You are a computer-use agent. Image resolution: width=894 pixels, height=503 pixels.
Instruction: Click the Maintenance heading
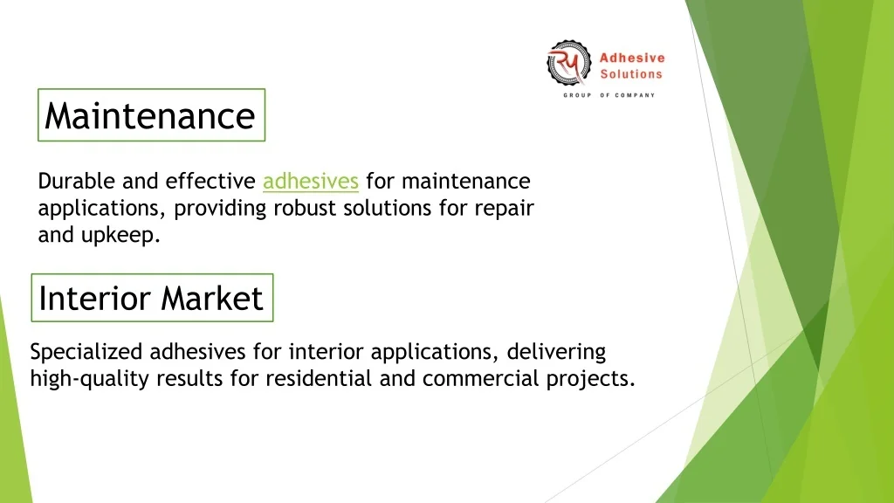tap(150, 116)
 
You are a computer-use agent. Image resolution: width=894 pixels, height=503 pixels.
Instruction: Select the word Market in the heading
tap(213, 298)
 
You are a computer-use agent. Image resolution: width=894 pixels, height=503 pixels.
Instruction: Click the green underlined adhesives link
tap(311, 182)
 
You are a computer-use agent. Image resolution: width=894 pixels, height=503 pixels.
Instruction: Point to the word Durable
tap(77, 182)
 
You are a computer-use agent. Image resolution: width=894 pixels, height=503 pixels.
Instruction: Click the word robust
tap(305, 208)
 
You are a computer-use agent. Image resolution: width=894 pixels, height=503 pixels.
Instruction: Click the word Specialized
tap(86, 353)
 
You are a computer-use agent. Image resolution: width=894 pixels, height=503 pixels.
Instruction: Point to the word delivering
tap(556, 353)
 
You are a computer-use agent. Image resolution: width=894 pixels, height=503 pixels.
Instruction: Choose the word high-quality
tap(90, 379)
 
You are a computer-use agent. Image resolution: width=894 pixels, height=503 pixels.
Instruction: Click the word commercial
tap(481, 379)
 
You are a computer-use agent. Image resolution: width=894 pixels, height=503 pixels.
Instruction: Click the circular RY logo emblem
tap(568, 63)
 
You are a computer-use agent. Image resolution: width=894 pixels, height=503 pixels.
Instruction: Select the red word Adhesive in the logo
tap(632, 58)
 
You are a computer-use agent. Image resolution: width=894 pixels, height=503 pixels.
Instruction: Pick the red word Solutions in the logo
tap(631, 74)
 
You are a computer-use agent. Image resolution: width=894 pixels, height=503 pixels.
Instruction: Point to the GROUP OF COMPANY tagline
tap(609, 95)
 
